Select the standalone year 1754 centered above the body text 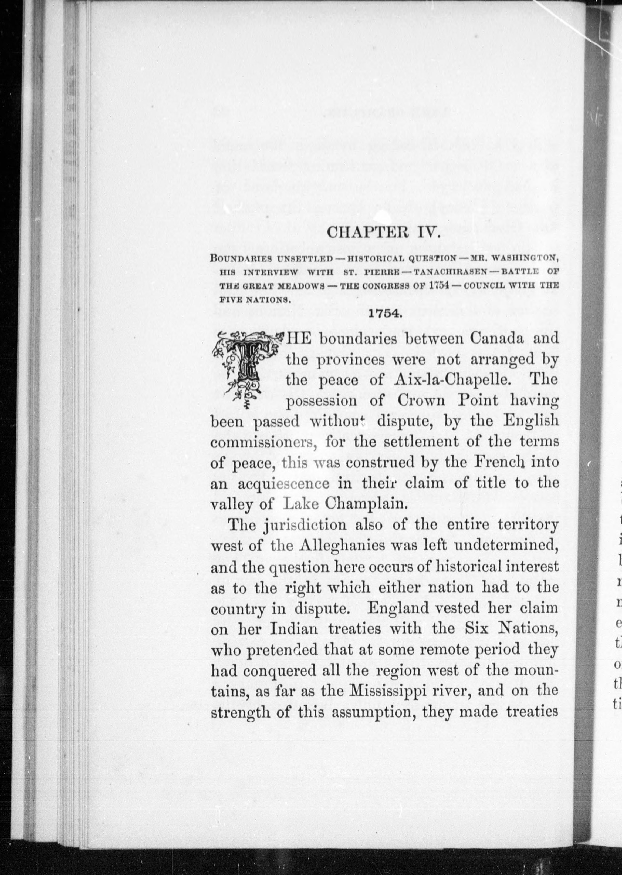coord(384,313)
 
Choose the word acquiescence coord(283,483)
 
